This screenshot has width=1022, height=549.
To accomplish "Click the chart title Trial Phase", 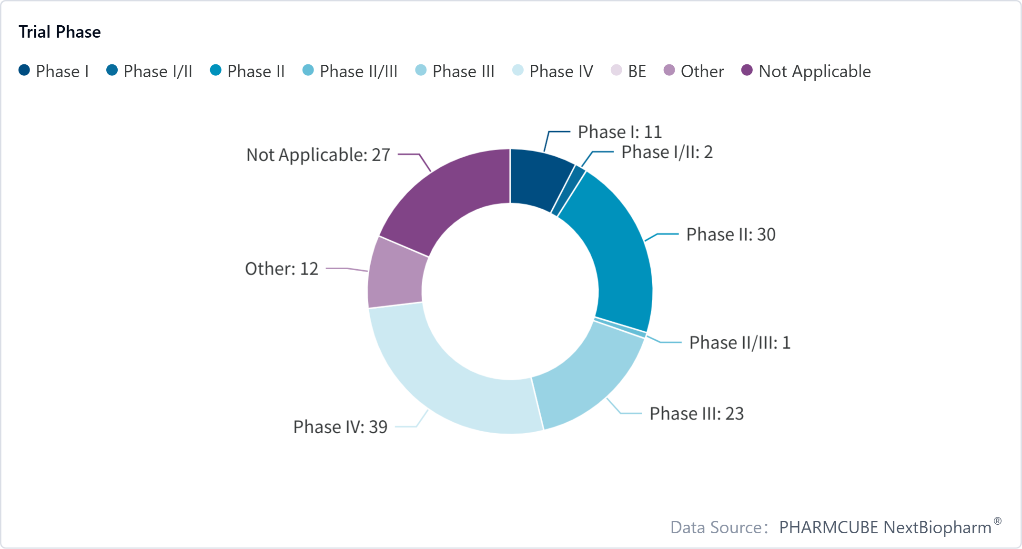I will click(x=60, y=32).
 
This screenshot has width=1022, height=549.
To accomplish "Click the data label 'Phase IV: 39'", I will click(x=340, y=427).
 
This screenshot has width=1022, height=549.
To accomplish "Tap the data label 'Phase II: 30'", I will click(x=731, y=234).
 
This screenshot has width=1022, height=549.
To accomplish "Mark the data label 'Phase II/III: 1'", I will click(x=740, y=343).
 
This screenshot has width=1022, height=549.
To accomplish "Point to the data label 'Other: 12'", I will click(x=282, y=269).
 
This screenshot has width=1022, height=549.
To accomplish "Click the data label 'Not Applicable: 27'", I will click(x=318, y=155).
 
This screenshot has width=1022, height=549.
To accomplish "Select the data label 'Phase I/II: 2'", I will click(x=667, y=152).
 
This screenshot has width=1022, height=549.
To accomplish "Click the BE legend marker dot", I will click(x=617, y=71).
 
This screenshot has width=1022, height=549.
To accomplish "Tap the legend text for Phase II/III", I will click(x=358, y=71).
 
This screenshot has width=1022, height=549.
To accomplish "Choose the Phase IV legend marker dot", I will click(x=518, y=71).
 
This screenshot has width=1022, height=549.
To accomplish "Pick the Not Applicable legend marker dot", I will click(x=747, y=71).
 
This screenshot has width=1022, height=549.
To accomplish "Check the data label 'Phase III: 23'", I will click(x=697, y=414).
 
